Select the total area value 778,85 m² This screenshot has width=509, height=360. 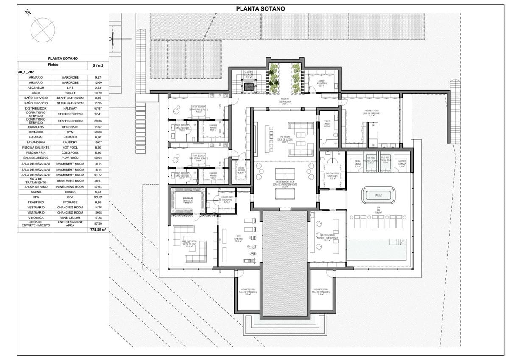click(x=98, y=229)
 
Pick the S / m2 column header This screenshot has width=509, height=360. click(x=98, y=65)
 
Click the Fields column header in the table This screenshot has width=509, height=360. click(x=53, y=65)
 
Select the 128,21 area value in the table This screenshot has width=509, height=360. click(x=98, y=197)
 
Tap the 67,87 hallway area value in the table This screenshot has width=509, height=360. click(x=98, y=108)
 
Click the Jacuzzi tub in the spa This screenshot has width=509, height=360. click(x=379, y=195)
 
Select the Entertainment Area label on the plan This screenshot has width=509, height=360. click(x=284, y=184)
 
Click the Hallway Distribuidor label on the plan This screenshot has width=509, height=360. click(x=285, y=102)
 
